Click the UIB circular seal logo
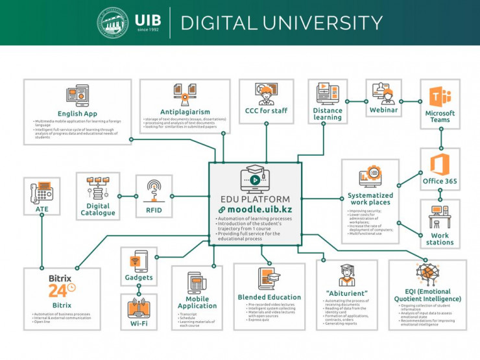tap(114, 23)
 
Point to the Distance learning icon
tap(327, 93)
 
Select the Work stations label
tap(440, 239)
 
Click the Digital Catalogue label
tap(98, 210)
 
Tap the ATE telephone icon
tap(42, 193)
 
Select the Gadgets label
tap(139, 278)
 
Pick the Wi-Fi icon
tap(138, 307)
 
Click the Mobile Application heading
tap(197, 302)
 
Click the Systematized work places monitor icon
tap(370, 176)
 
